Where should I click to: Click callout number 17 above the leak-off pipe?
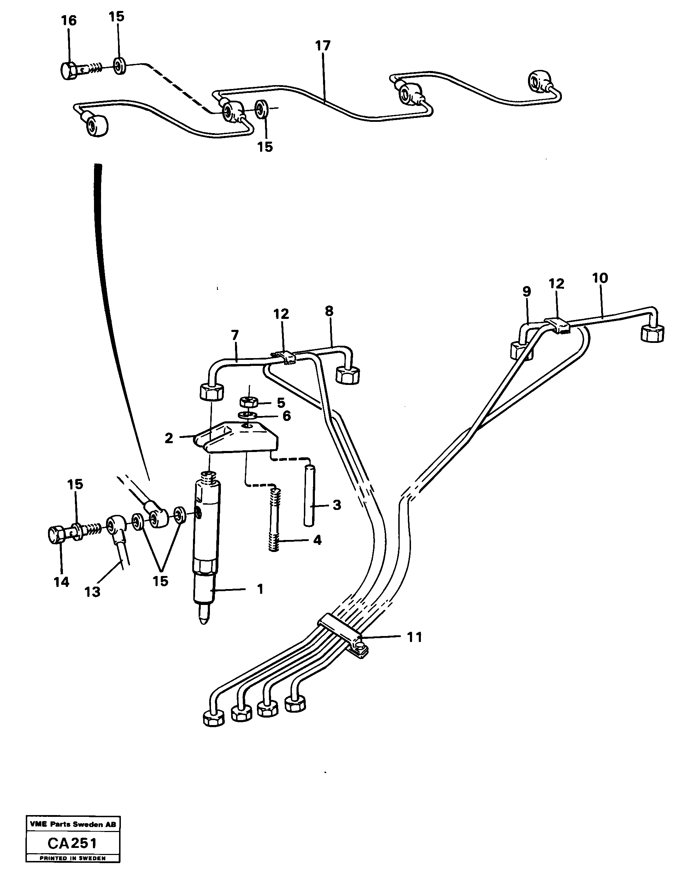323,46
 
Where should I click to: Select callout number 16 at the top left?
69,20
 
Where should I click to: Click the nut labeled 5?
248,402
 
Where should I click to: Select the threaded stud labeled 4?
276,518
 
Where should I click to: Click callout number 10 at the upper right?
600,278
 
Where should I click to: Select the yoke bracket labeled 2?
237,439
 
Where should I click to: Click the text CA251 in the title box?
72,843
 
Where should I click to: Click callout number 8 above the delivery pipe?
329,311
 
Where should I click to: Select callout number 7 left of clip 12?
234,335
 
